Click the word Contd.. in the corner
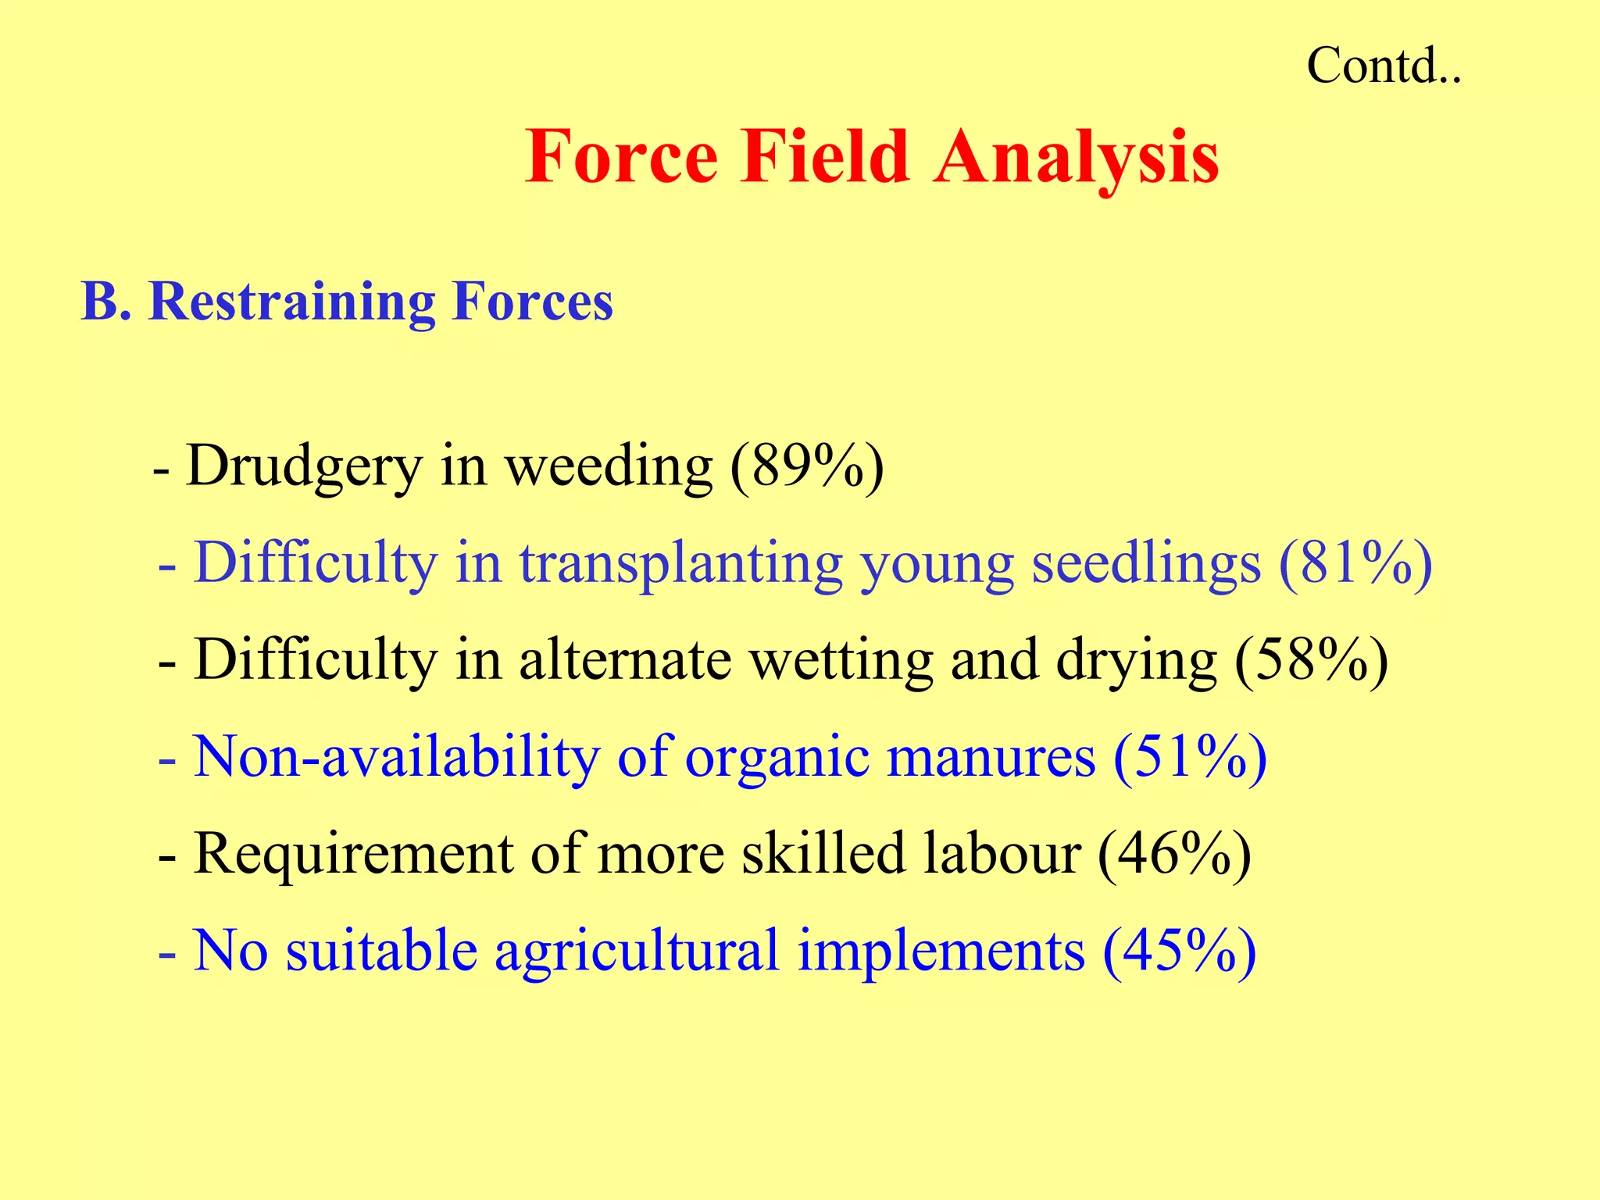(x=1383, y=66)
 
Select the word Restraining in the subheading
(x=291, y=302)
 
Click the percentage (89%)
(x=807, y=467)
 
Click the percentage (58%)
(x=1312, y=661)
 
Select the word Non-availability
(x=396, y=757)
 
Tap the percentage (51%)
(x=1190, y=757)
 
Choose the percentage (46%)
(x=1174, y=854)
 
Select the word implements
(x=941, y=951)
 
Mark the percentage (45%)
(x=1179, y=951)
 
